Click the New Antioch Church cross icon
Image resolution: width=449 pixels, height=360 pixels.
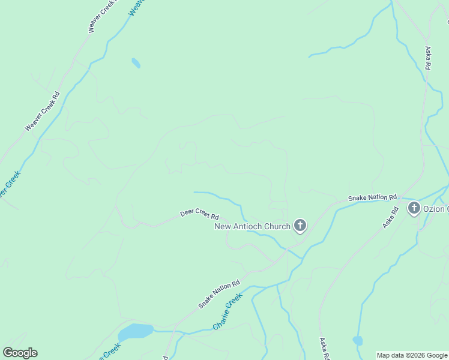300,226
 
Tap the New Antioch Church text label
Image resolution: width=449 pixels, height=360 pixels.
253,226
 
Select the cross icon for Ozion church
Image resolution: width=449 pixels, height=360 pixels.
414,209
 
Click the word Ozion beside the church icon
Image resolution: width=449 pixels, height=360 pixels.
435,209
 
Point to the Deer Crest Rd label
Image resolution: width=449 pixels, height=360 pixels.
200,215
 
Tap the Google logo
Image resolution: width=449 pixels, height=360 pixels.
20,353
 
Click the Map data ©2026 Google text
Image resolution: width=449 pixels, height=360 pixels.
412,355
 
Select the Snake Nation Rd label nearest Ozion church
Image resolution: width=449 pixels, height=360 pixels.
373,197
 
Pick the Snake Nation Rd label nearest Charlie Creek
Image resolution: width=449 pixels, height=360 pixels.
219,295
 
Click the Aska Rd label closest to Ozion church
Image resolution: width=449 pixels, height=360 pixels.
390,218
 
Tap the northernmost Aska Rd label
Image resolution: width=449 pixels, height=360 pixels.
428,58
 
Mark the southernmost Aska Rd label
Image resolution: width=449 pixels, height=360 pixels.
324,349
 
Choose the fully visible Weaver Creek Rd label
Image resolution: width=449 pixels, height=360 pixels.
43,112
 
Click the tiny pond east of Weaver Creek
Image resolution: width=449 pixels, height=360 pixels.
136,63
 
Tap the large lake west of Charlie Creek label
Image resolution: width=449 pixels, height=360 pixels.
136,332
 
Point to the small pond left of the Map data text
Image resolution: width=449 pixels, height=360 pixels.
358,341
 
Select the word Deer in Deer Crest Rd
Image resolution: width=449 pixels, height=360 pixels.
187,213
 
